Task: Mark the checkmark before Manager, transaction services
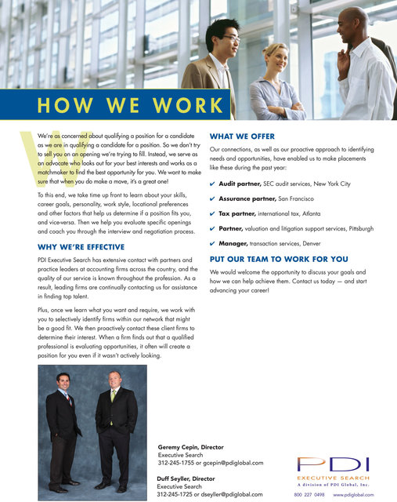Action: click(x=213, y=244)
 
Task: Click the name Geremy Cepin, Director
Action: click(x=196, y=446)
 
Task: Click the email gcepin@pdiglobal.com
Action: click(x=233, y=463)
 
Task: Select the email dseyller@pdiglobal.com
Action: click(x=233, y=494)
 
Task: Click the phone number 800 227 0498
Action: click(x=309, y=496)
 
